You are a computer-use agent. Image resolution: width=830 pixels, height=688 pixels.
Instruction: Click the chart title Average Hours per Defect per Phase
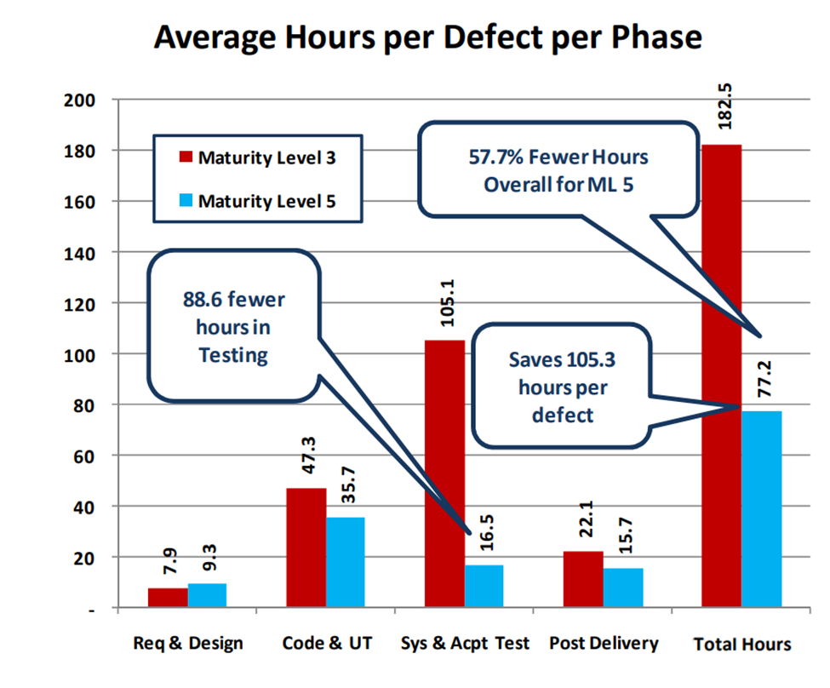(427, 38)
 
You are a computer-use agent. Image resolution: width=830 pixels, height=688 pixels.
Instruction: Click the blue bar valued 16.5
(484, 587)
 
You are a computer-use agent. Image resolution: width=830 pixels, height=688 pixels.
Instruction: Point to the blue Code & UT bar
(346, 563)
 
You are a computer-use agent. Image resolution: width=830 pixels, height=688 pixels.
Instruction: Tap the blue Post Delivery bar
(623, 588)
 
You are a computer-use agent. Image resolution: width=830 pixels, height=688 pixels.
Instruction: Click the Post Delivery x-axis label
(604, 643)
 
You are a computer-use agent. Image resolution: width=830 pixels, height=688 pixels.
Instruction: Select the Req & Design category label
(188, 643)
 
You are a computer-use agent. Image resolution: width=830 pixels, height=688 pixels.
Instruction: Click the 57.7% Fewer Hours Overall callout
(558, 170)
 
